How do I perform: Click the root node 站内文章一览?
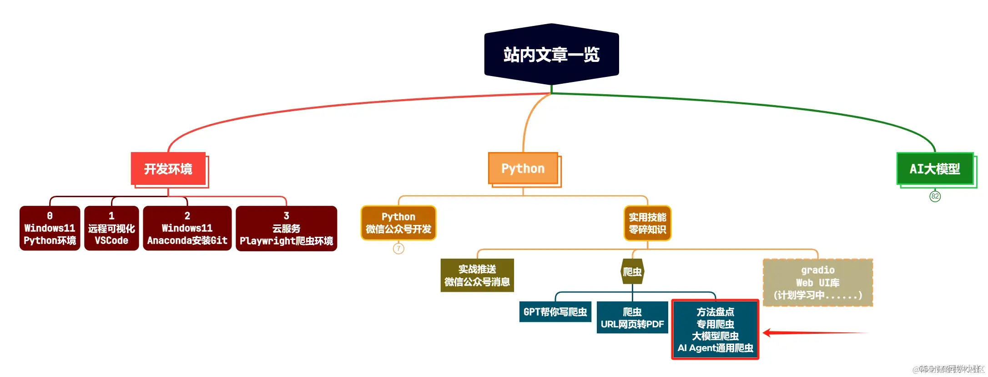pyautogui.click(x=551, y=55)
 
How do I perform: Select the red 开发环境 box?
pyautogui.click(x=168, y=169)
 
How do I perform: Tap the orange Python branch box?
pyautogui.click(x=523, y=168)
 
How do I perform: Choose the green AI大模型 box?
pyautogui.click(x=935, y=169)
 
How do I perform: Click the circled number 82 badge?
pyautogui.click(x=935, y=196)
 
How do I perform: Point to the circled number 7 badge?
pyautogui.click(x=398, y=249)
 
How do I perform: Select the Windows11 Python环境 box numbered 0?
pyautogui.click(x=50, y=228)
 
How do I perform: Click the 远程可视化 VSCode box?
pyautogui.click(x=111, y=228)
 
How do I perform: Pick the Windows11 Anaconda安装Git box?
pyautogui.click(x=187, y=228)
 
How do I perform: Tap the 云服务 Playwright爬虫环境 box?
pyautogui.click(x=286, y=228)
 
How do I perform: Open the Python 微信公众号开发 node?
pyautogui.click(x=398, y=223)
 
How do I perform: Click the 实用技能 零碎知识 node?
pyautogui.click(x=647, y=223)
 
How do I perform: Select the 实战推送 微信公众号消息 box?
pyautogui.click(x=477, y=275)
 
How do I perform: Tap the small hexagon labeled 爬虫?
pyautogui.click(x=632, y=272)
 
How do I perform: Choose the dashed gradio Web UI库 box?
pyautogui.click(x=817, y=283)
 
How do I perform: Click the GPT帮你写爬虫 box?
pyautogui.click(x=555, y=312)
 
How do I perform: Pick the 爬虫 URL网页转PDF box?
pyautogui.click(x=632, y=318)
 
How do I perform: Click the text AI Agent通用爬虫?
pyautogui.click(x=715, y=348)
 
